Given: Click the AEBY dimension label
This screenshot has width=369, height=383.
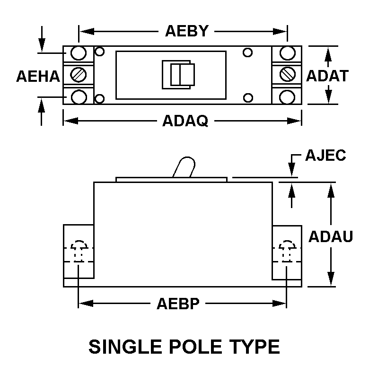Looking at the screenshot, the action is pyautogui.click(x=187, y=31).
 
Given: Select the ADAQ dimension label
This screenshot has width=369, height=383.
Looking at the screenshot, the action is pyautogui.click(x=185, y=121).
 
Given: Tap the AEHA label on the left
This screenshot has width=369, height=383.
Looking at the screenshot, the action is pyautogui.click(x=38, y=76).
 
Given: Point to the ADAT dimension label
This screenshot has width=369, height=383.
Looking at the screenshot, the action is pyautogui.click(x=327, y=76).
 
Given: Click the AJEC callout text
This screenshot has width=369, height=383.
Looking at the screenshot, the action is pyautogui.click(x=326, y=155).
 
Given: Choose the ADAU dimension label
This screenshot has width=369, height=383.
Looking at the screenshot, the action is pyautogui.click(x=331, y=236).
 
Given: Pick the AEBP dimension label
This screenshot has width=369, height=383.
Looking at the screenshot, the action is pyautogui.click(x=178, y=304).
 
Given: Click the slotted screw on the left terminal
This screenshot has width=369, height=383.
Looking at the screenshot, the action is pyautogui.click(x=79, y=74).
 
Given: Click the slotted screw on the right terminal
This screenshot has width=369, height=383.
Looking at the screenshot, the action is pyautogui.click(x=287, y=74).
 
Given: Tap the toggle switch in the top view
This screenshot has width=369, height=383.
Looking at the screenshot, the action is pyautogui.click(x=178, y=75).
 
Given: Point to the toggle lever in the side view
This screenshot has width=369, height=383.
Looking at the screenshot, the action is pyautogui.click(x=184, y=167).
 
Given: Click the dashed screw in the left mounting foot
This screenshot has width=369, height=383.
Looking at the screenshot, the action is pyautogui.click(x=79, y=251).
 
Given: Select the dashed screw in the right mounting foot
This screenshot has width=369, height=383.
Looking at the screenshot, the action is pyautogui.click(x=287, y=251).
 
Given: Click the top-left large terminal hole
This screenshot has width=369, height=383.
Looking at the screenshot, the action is pyautogui.click(x=79, y=53).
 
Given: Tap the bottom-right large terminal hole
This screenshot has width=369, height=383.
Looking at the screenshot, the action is pyautogui.click(x=287, y=97).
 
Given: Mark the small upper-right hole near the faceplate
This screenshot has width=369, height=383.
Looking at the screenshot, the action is pyautogui.click(x=247, y=52).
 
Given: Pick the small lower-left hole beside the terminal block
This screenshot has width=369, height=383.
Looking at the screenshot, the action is pyautogui.click(x=99, y=99).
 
